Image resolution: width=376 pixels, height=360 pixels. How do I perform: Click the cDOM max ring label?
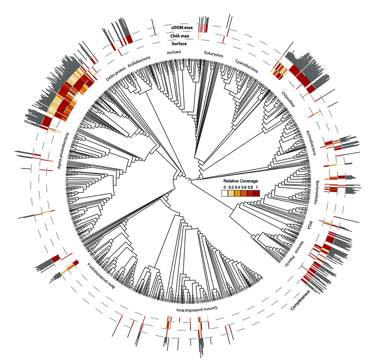click(x=182, y=27)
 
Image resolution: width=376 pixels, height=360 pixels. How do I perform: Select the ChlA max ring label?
click(x=180, y=36)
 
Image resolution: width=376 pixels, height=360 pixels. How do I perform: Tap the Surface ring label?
click(x=179, y=43)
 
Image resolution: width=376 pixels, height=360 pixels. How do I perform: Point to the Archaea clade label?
click(x=174, y=52)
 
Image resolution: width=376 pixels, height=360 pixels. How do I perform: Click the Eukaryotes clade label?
click(x=214, y=54)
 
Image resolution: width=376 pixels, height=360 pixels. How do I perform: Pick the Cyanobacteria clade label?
click(x=246, y=66)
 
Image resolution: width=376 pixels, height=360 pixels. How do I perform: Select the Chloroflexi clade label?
click(x=289, y=99)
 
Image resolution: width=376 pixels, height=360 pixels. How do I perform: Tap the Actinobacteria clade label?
click(x=311, y=143)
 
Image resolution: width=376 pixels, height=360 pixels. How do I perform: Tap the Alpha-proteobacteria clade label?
click(x=63, y=150)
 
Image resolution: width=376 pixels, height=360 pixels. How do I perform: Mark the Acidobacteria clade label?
click(x=139, y=62)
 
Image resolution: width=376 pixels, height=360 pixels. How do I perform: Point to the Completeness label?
click(x=300, y=300)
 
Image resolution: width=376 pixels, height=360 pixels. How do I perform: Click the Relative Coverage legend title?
click(x=240, y=181)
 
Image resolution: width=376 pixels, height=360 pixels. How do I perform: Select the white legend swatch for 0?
click(x=225, y=193)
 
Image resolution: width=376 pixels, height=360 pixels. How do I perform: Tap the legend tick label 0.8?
click(x=250, y=187)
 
